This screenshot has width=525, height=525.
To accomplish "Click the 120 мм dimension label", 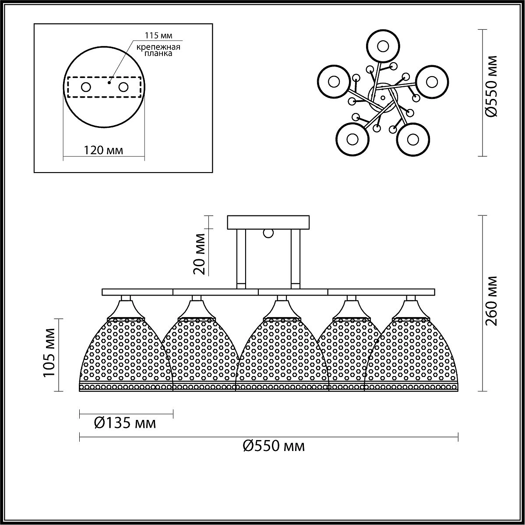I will tap(103, 151).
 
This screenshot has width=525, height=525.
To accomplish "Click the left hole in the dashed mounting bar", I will tap(86, 87).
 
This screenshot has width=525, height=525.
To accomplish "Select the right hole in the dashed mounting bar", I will tap(123, 87).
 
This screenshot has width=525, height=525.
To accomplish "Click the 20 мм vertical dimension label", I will tap(200, 254).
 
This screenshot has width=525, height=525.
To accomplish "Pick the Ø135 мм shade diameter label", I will tap(125, 423).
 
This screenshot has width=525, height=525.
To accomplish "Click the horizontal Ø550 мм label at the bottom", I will tap(273, 446).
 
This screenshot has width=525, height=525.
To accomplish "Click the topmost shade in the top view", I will tap(383, 46).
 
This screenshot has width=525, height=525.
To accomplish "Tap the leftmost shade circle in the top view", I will tap(334, 82).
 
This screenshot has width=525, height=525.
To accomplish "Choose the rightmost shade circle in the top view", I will tap(432, 81).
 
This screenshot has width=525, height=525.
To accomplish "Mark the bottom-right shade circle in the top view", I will tap(412, 139).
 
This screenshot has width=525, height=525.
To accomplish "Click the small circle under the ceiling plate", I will tap(268, 233).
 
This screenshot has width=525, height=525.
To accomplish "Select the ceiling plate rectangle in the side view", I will tap(268, 222).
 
